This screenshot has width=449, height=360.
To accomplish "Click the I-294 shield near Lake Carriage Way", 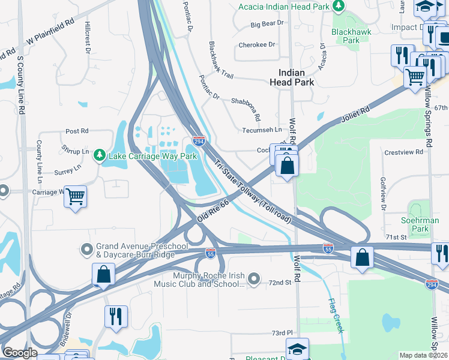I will pos(199,141).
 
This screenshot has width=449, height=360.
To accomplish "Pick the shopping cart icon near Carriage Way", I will pos(76,197).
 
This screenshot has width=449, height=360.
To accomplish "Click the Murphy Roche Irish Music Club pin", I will pos(255,278).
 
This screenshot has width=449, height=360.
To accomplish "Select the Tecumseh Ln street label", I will pos(262,130).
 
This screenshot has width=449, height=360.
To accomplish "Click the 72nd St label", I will pos(280,282).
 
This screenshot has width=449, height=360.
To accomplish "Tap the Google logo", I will pos(20,353).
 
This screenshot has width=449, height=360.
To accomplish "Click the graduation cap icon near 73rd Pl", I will pos(297,349).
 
